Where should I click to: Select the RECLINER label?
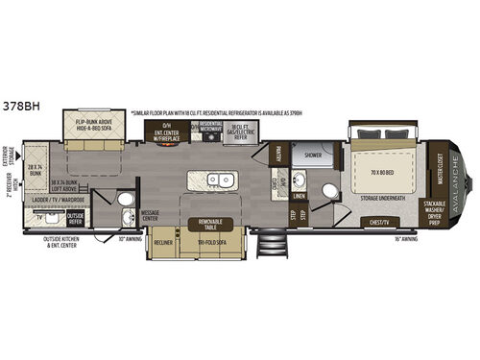[163, 242]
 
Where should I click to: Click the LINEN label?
[300, 198]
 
